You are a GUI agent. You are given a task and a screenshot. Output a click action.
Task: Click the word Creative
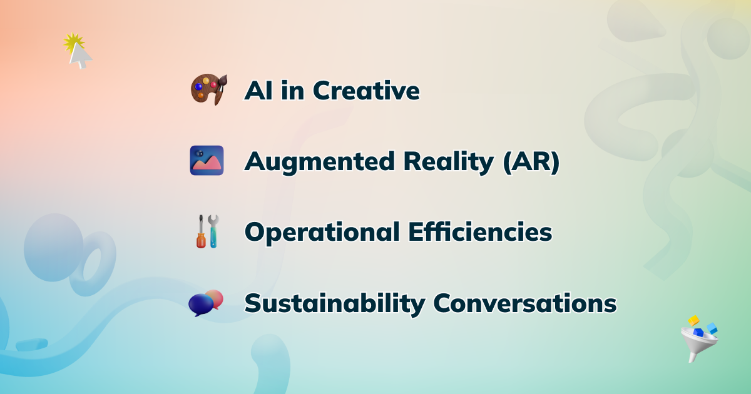tap(366, 91)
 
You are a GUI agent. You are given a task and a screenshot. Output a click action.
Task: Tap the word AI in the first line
tap(258, 91)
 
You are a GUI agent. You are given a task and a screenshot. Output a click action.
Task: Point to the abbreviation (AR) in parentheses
tap(531, 162)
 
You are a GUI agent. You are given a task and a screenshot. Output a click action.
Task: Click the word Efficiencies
tap(480, 231)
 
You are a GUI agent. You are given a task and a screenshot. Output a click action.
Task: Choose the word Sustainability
tap(335, 303)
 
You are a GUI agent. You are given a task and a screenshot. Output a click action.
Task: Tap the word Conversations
tap(525, 303)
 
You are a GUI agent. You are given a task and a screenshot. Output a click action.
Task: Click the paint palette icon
tap(208, 89)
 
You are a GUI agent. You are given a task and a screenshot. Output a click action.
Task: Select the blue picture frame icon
tap(207, 161)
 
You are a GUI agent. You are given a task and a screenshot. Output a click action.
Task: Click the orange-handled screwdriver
tap(201, 231)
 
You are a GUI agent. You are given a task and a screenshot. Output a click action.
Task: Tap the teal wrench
tap(213, 231)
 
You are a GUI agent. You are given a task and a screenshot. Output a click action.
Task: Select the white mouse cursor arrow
tap(79, 55)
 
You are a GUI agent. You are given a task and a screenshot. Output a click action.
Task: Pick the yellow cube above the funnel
tap(693, 320)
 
